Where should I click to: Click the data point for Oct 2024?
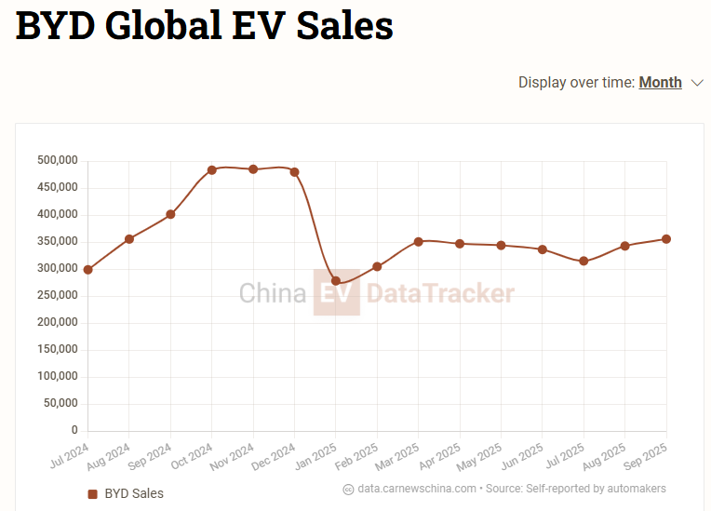(212, 170)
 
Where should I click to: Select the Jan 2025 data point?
(336, 280)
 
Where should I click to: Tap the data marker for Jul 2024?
(88, 270)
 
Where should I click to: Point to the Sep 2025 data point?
(666, 239)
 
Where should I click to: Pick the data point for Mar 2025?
(419, 242)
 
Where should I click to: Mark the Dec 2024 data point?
(295, 172)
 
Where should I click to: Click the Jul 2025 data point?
(584, 262)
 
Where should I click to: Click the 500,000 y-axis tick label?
(57, 161)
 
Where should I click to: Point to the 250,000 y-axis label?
(57, 296)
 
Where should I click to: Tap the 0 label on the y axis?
(74, 431)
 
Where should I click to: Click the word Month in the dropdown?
(660, 82)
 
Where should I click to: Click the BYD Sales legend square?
(92, 493)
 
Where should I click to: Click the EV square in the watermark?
(336, 293)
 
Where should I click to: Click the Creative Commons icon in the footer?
(348, 489)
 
